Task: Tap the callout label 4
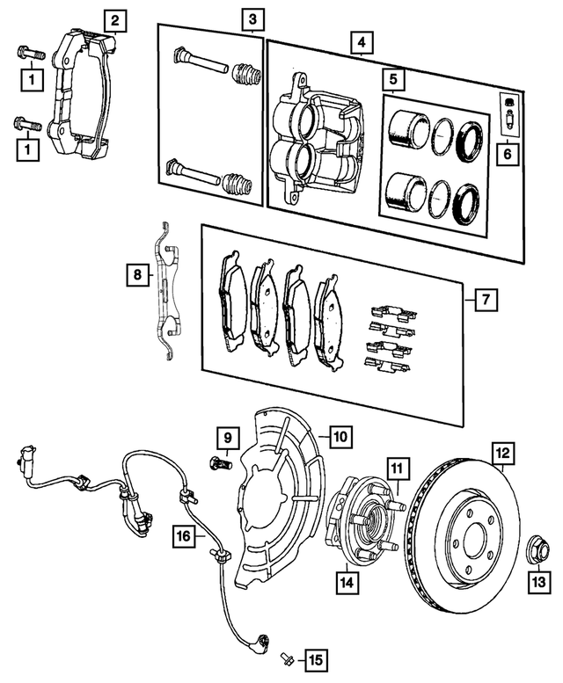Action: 359,41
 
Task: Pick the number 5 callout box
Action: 393,80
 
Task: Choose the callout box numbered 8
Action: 136,276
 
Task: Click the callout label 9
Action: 226,436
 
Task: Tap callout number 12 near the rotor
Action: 502,454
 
